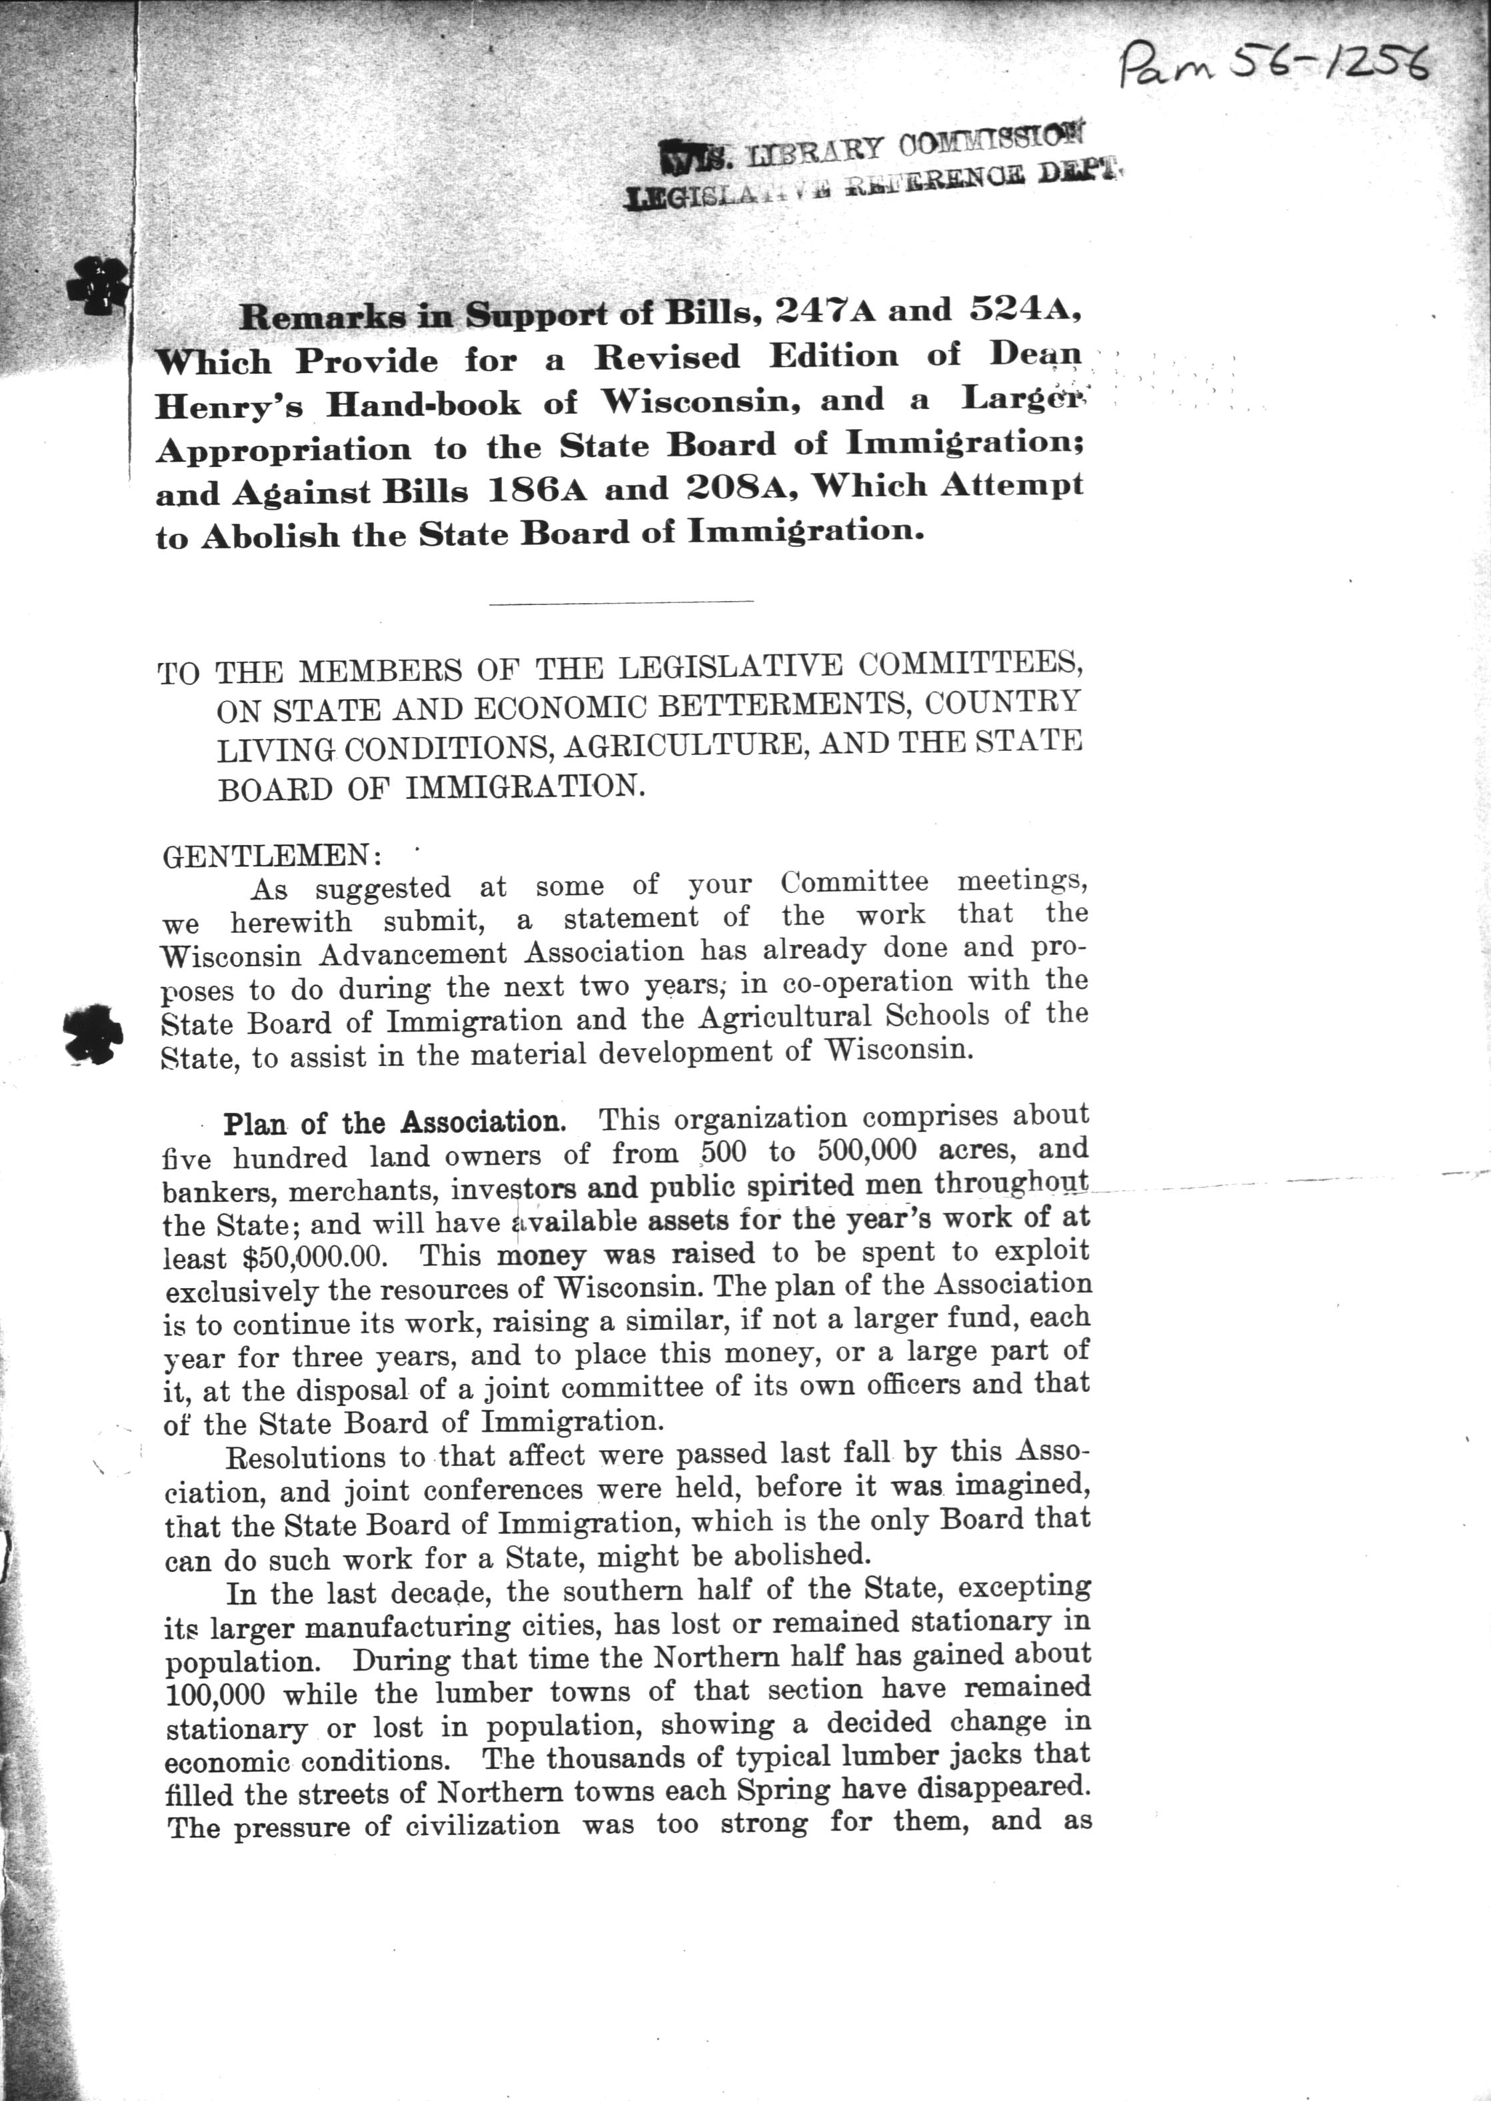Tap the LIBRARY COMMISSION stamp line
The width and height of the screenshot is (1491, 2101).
[x=904, y=147]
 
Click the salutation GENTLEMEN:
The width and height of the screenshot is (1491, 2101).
[x=273, y=856]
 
